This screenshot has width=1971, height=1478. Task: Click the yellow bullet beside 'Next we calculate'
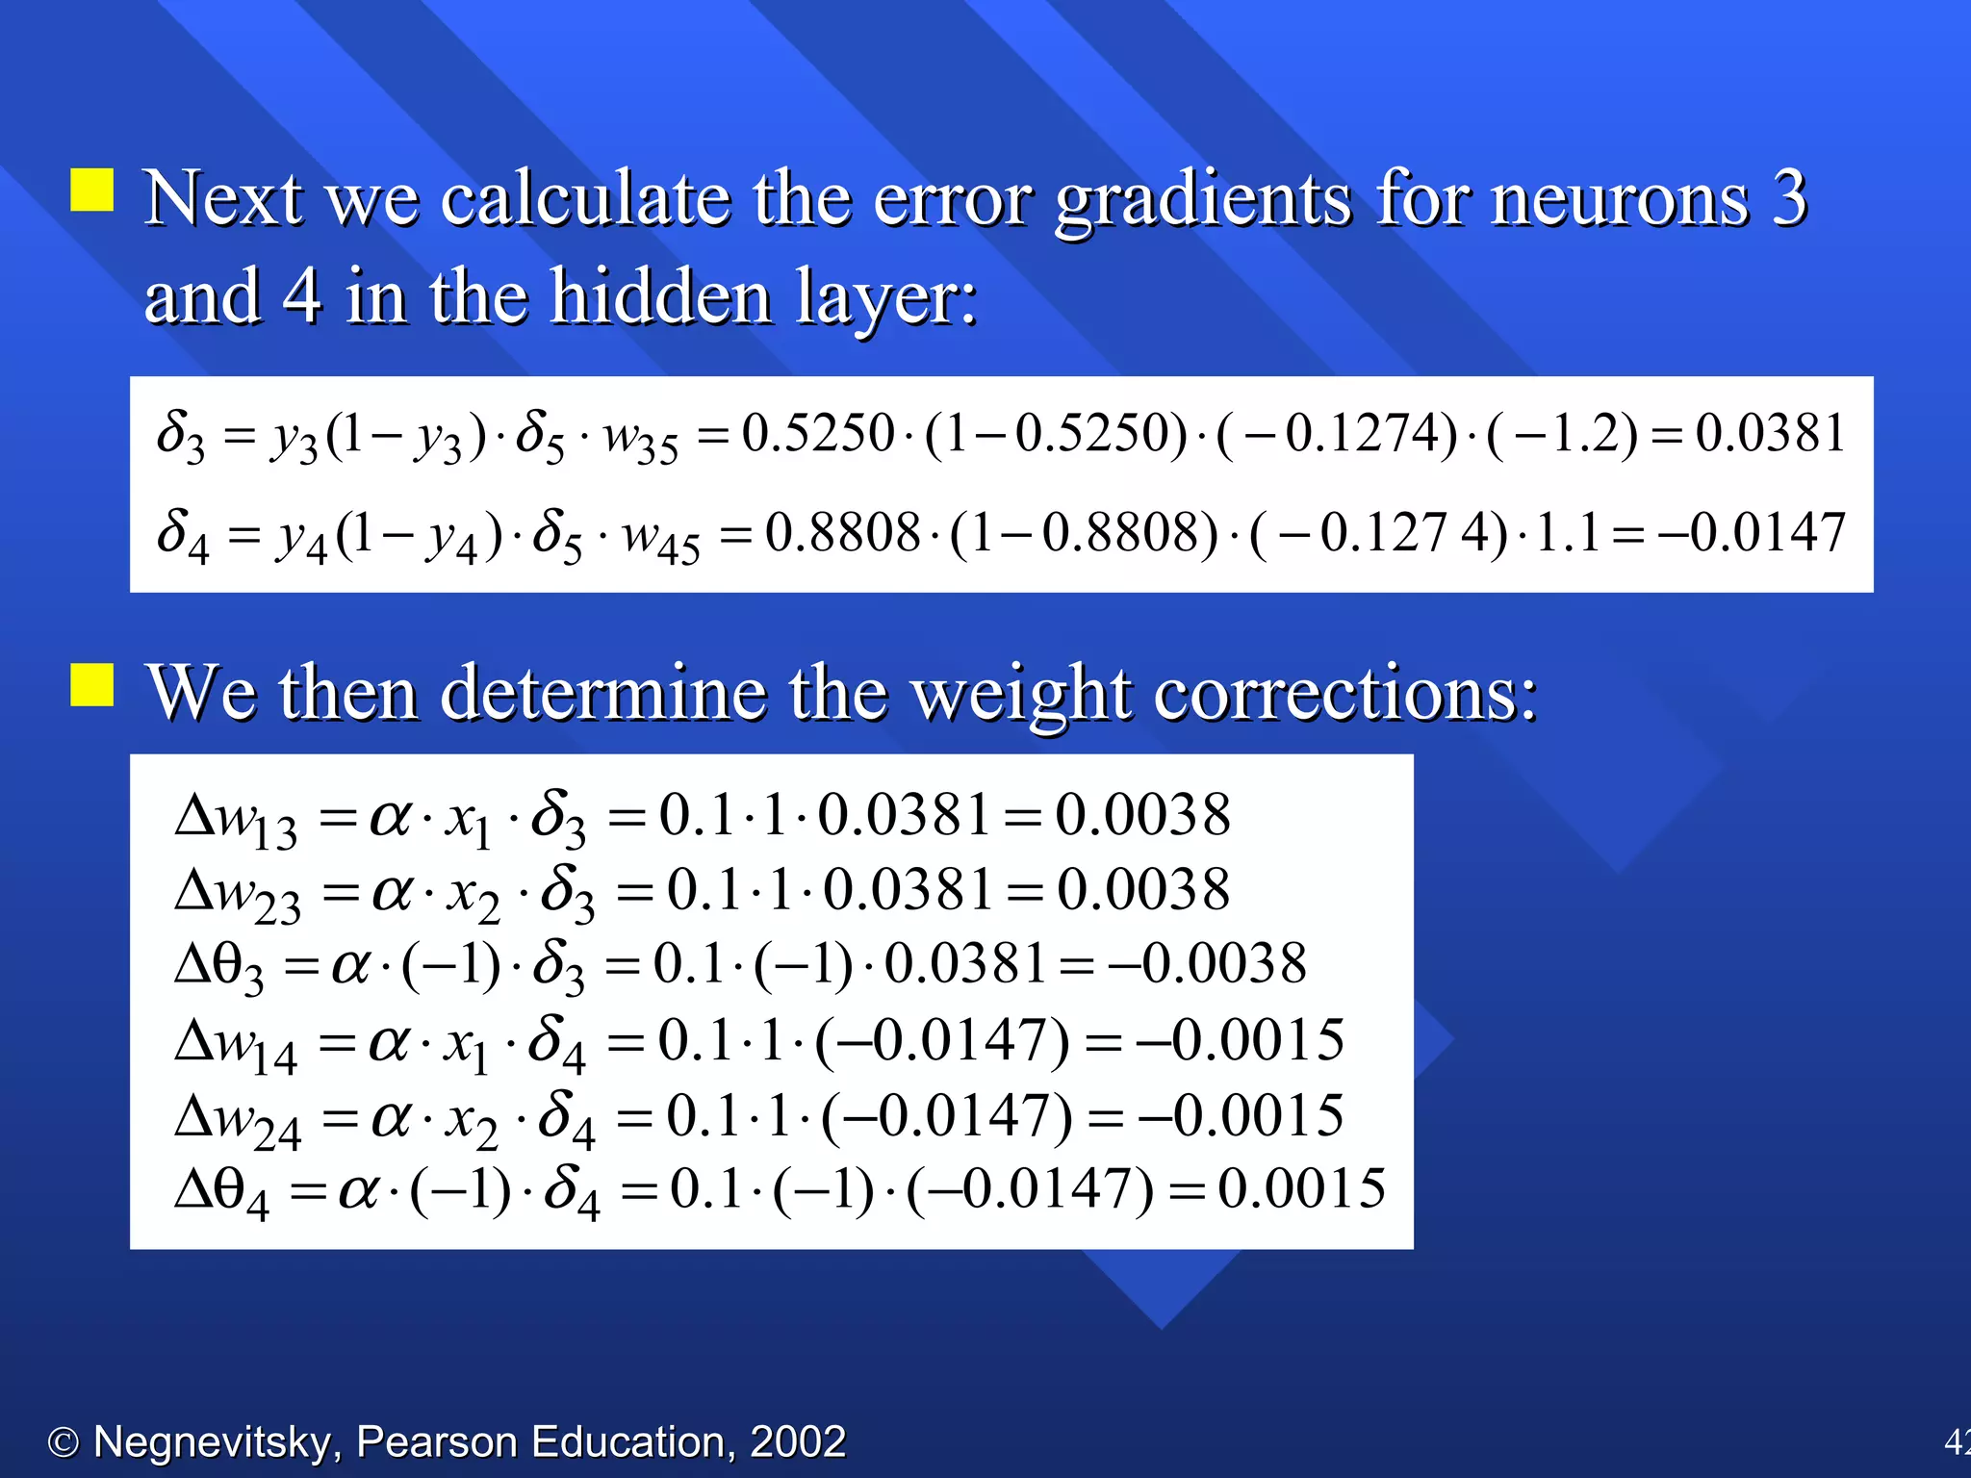(x=92, y=190)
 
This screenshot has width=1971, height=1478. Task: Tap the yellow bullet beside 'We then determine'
(x=92, y=684)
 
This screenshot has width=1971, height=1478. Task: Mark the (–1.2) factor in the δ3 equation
(x=1561, y=433)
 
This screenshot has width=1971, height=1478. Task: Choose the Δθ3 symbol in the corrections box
(x=219, y=966)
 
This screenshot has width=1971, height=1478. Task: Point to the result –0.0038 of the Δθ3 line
(x=1207, y=963)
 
